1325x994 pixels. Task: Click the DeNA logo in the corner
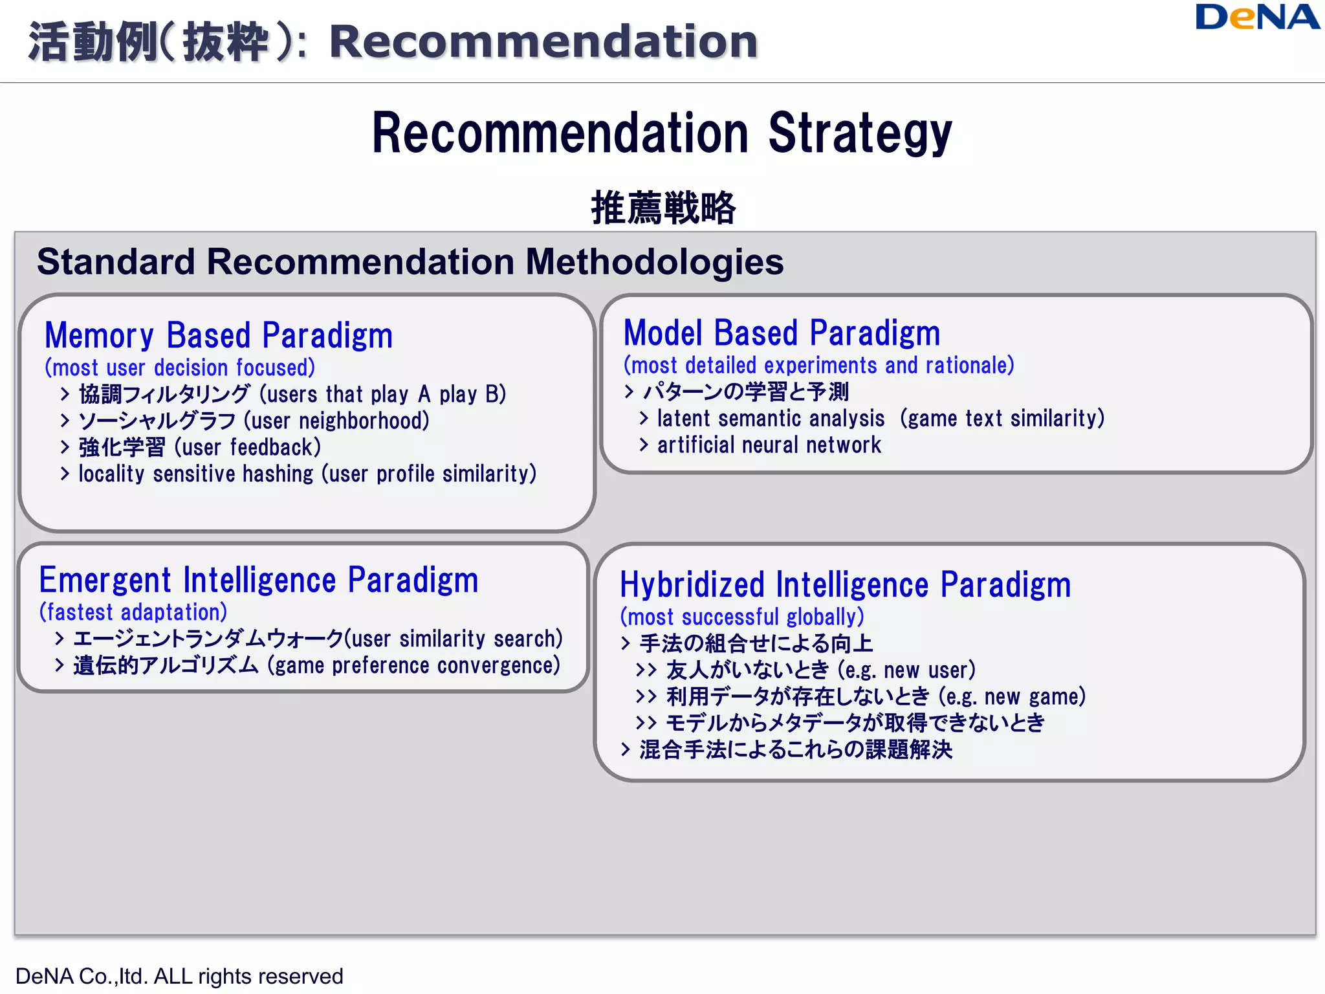tap(1256, 17)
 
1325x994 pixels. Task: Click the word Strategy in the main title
tap(860, 134)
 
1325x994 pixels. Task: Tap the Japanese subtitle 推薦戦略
tap(663, 208)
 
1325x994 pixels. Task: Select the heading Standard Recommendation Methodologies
tap(410, 262)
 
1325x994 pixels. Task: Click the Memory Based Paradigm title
tap(219, 336)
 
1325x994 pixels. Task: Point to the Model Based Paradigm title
tap(782, 333)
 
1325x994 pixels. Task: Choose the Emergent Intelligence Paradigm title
tap(259, 580)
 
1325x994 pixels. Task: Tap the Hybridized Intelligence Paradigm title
tap(845, 585)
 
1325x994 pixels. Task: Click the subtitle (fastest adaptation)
tap(133, 612)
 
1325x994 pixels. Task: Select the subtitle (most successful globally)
tap(742, 617)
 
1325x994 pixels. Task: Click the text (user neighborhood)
tap(336, 421)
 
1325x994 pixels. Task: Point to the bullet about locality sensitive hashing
tap(307, 474)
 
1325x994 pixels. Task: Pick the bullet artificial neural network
tap(769, 445)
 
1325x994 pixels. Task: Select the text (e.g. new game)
tap(1012, 697)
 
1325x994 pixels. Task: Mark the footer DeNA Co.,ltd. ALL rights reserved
tap(179, 976)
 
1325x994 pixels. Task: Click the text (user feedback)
tap(248, 448)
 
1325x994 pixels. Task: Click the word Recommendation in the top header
tap(543, 42)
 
